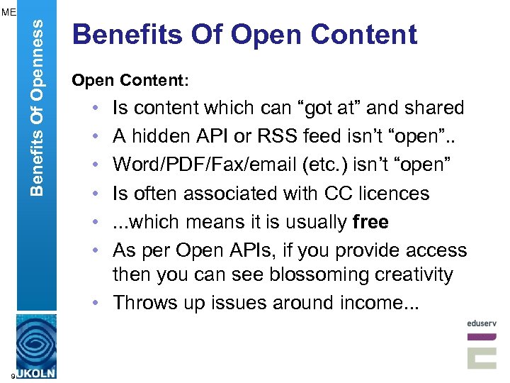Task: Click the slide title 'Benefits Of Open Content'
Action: tap(244, 35)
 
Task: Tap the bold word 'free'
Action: tap(370, 222)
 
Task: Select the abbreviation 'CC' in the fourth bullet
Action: tap(316, 193)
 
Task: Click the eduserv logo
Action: tap(482, 343)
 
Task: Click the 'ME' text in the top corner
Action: tap(8, 11)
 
